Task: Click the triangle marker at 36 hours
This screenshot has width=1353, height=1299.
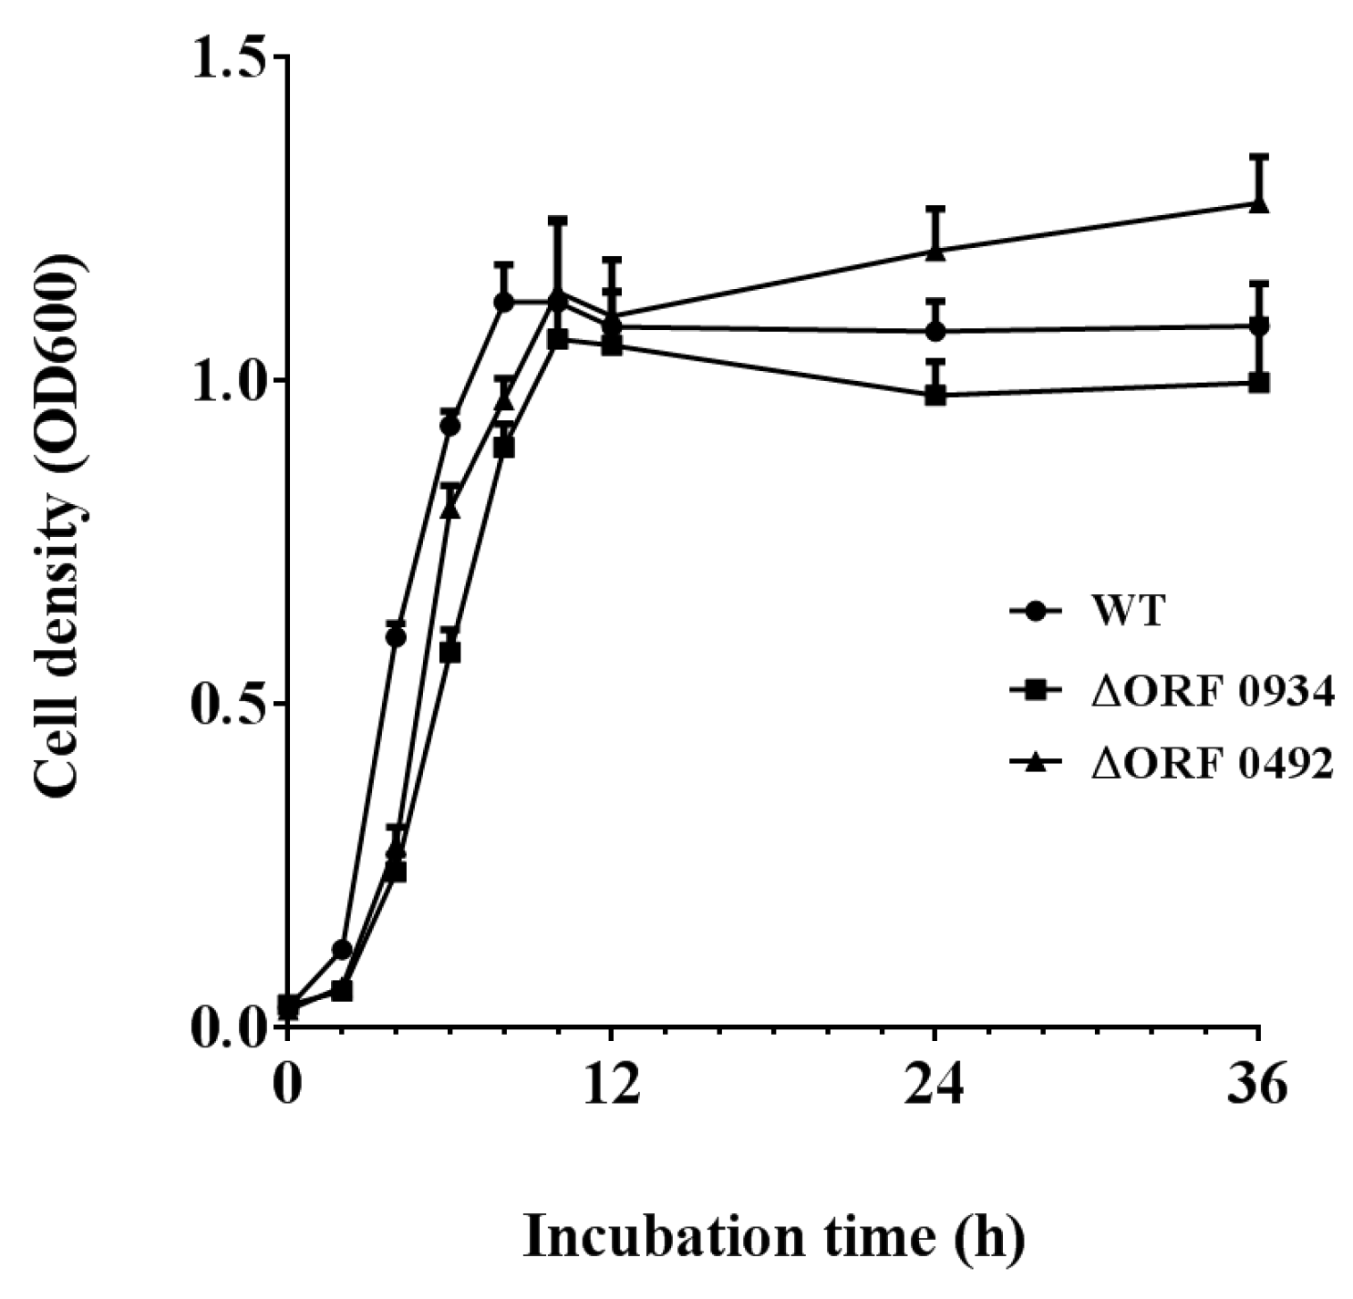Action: [1259, 203]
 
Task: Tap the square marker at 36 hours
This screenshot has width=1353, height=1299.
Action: [1259, 382]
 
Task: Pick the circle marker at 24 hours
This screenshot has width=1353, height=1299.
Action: [935, 332]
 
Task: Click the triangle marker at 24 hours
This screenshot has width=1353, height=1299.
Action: [935, 251]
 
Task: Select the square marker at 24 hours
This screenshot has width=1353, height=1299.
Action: [935, 395]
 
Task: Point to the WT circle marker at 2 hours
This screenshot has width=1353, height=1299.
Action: [342, 950]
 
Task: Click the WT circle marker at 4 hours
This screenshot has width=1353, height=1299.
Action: [396, 637]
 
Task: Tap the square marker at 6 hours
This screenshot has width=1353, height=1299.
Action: [449, 653]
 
